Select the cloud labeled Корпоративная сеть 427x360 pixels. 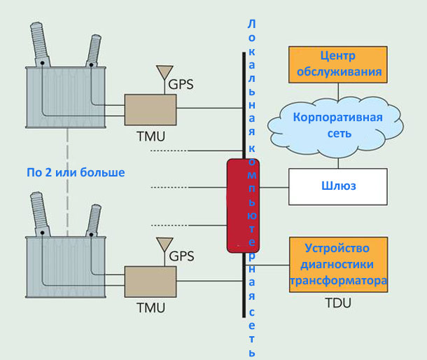338,125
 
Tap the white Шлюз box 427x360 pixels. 337,187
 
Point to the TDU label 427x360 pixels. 337,303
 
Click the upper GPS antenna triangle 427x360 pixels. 164,71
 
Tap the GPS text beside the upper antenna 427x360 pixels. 181,85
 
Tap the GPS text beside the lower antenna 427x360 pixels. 181,256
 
